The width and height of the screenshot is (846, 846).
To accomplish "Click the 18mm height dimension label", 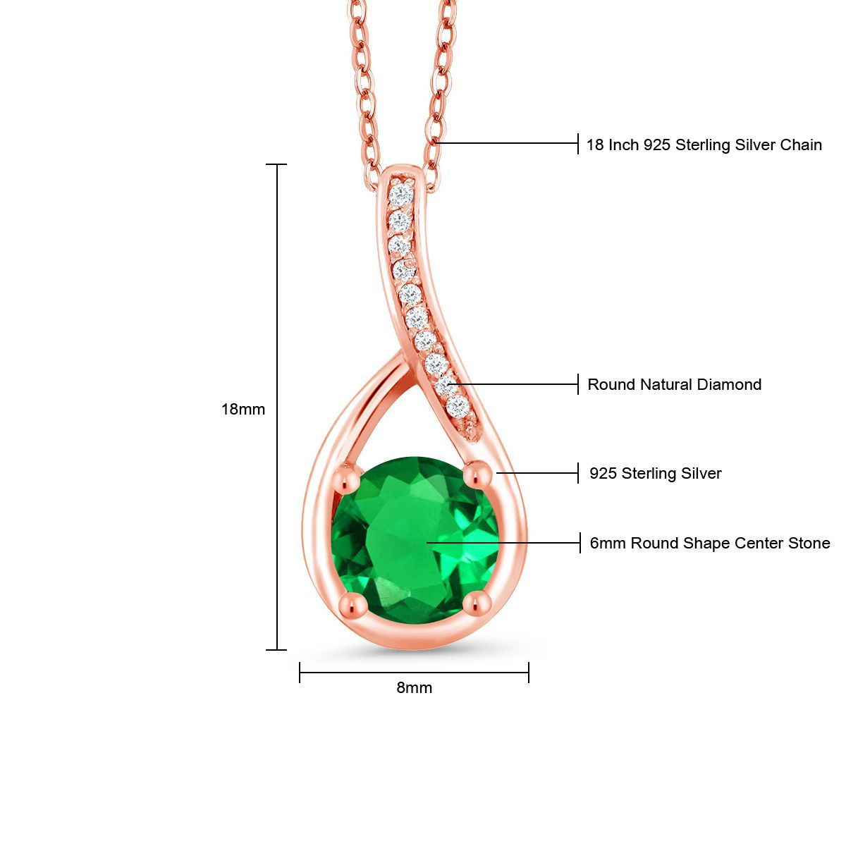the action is point(243,409).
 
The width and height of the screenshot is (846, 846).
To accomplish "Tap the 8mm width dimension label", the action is point(414,687).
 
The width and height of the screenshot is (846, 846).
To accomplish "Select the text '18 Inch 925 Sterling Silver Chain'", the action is point(704,145).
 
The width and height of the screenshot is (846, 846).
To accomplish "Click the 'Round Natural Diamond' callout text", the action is point(674,384).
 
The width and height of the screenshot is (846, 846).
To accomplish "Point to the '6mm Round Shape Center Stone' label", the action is point(709,543).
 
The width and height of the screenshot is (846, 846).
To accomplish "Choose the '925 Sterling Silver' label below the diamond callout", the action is point(655,473).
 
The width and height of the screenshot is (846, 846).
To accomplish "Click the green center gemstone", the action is point(415,539).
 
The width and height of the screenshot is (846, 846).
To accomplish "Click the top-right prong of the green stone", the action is point(479,473).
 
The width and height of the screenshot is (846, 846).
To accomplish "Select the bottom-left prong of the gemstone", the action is point(352,604).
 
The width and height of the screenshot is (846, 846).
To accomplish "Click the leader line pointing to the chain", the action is point(508,143).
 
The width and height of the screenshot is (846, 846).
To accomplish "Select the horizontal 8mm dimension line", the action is point(414,673).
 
